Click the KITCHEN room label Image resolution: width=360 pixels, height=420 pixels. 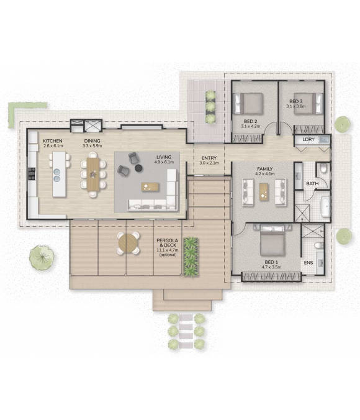pyautogui.click(x=53, y=141)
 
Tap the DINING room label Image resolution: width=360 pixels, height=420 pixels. pyautogui.click(x=92, y=141)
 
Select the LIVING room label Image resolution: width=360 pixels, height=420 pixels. pyautogui.click(x=164, y=157)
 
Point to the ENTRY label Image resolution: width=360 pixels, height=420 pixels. pyautogui.click(x=209, y=158)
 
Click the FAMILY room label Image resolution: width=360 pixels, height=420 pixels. pyautogui.click(x=264, y=169)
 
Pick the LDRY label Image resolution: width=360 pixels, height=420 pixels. pyautogui.click(x=308, y=140)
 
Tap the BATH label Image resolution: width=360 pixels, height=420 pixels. pyautogui.click(x=312, y=184)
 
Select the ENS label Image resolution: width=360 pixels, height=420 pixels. pyautogui.click(x=308, y=263)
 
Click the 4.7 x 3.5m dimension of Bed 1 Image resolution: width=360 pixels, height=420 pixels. pyautogui.click(x=271, y=267)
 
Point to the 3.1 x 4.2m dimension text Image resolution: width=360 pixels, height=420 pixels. pyautogui.click(x=251, y=126)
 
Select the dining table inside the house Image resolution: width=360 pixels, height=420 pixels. pyautogui.click(x=93, y=175)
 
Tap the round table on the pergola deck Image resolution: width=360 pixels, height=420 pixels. pyautogui.click(x=128, y=243)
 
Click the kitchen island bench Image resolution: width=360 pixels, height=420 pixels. pyautogui.click(x=59, y=174)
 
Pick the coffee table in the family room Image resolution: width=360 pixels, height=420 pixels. pyautogui.click(x=264, y=192)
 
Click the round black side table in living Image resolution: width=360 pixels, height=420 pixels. pyautogui.click(x=138, y=168)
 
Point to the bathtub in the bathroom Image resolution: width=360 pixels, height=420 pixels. pyautogui.click(x=325, y=206)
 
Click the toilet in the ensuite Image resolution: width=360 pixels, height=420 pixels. pyautogui.click(x=318, y=245)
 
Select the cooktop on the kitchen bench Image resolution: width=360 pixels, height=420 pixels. pyautogui.click(x=32, y=173)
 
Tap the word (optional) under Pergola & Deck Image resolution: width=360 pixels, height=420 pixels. pyautogui.click(x=168, y=255)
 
